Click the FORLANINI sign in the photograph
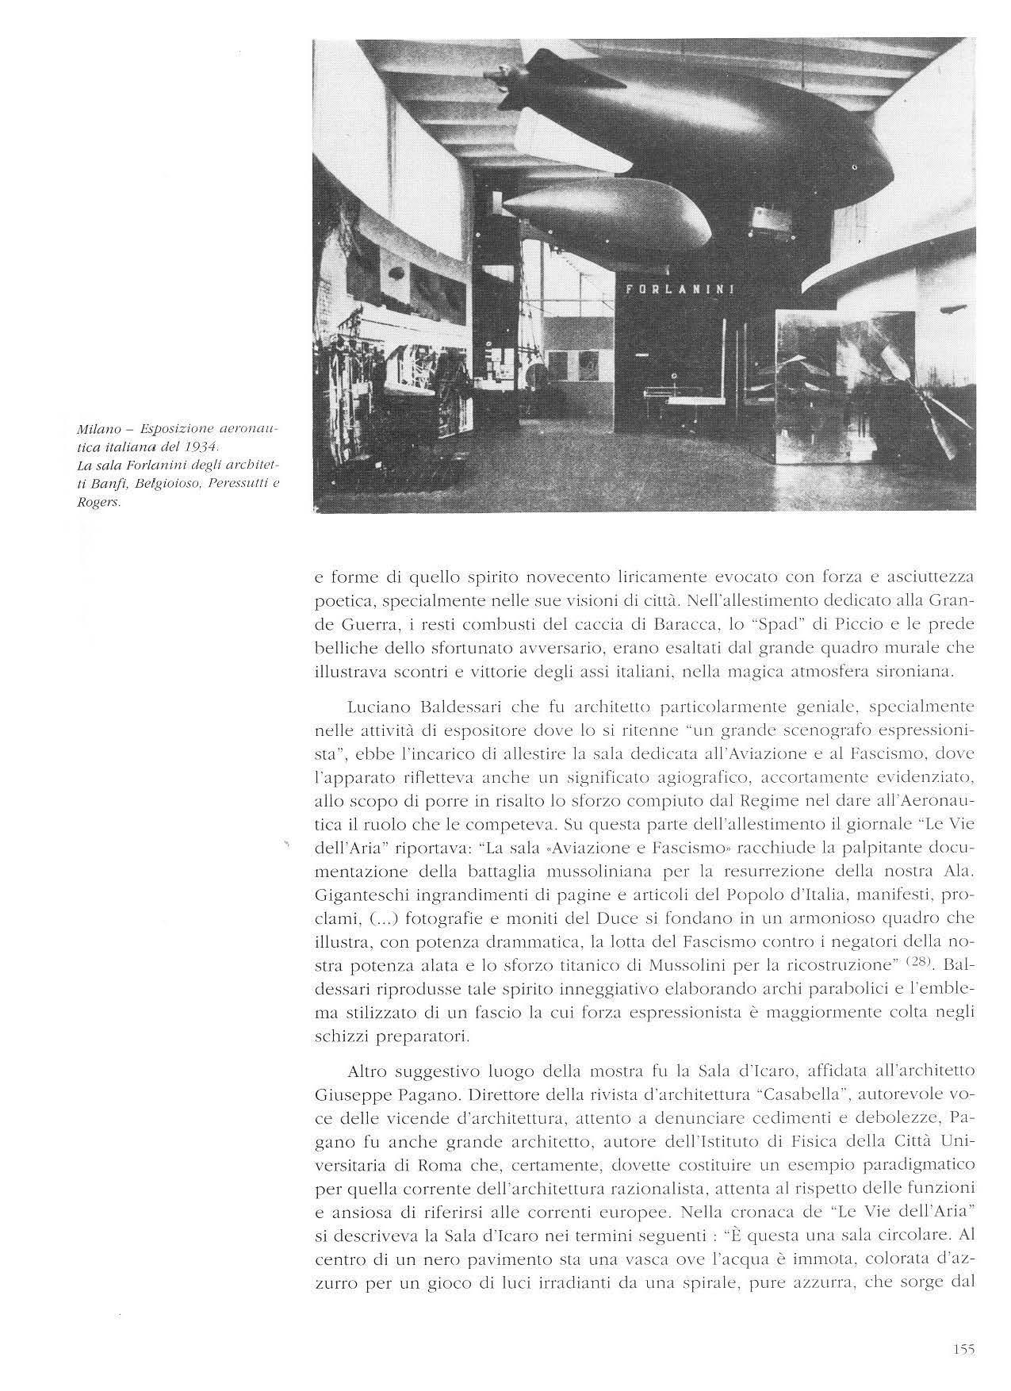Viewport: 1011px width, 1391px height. pyautogui.click(x=680, y=289)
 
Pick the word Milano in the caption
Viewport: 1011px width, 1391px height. pyautogui.click(x=95, y=428)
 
